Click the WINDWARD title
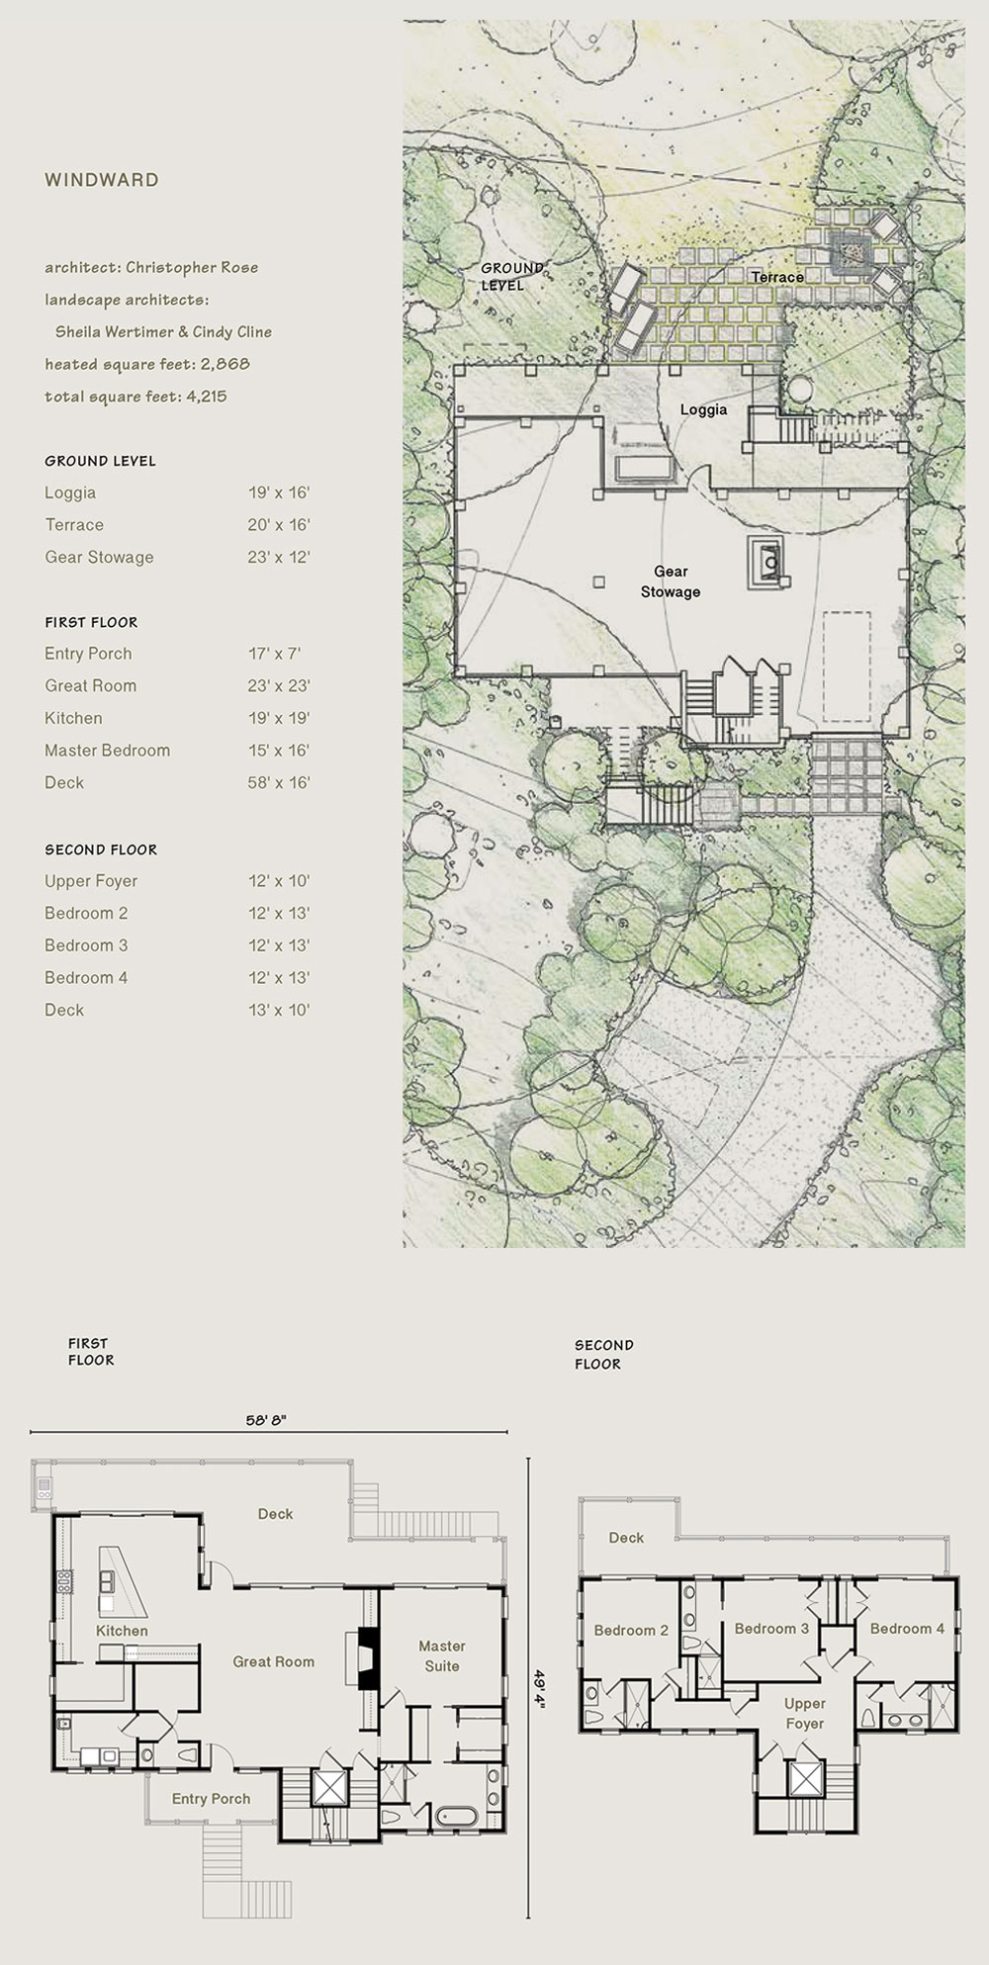101,180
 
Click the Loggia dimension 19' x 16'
279,492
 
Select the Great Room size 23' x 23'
279,685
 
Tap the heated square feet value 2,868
225,364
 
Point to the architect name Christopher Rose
192,267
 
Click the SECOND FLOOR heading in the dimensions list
101,849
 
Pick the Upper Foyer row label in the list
91,881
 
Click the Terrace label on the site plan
777,277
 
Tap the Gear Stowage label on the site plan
671,581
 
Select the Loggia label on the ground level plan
704,409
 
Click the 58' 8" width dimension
266,1420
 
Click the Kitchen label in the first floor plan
122,1631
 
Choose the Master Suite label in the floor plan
442,1655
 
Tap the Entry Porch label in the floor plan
211,1799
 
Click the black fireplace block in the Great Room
368,1656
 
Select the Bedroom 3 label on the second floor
771,1629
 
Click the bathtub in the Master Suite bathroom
455,1817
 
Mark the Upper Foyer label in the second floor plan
804,1714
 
